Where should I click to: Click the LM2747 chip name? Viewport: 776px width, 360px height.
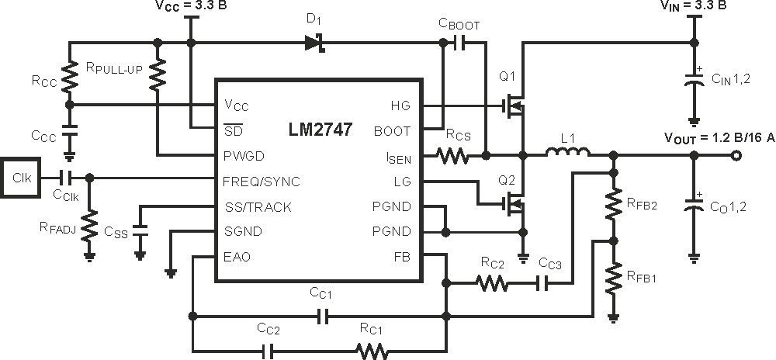[x=320, y=130]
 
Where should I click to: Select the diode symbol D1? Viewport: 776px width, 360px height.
[x=315, y=43]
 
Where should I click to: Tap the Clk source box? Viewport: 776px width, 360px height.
[x=21, y=177]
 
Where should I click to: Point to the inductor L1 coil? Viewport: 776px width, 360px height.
[x=568, y=152]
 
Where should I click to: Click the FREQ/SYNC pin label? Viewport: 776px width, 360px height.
[x=262, y=182]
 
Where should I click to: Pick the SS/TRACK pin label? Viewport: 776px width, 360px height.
[x=258, y=207]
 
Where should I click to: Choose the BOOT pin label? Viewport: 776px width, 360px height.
[x=392, y=131]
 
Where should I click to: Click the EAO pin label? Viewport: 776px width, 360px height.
[x=237, y=257]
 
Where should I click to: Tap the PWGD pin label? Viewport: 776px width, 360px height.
[x=244, y=156]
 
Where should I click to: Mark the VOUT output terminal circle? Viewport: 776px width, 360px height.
[x=736, y=156]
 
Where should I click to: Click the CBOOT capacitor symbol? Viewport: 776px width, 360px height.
[x=459, y=43]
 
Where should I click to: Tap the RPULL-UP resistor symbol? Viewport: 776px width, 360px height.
[x=158, y=74]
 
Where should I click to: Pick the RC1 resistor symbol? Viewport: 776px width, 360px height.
[x=371, y=351]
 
